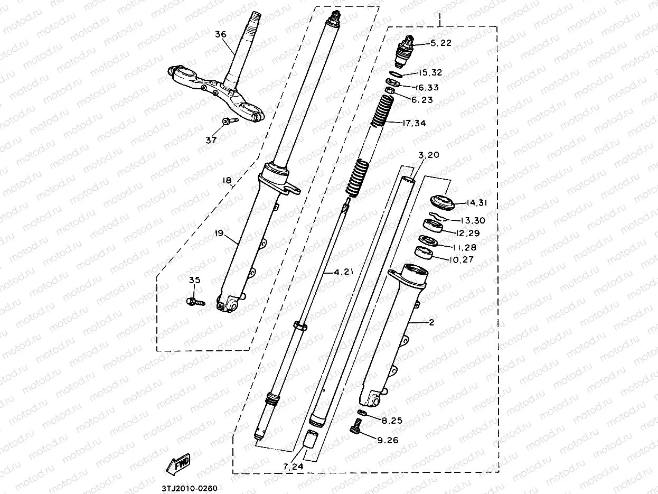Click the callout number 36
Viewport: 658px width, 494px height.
(221, 34)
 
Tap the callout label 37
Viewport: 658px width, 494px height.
(211, 140)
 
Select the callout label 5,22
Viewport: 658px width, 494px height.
(441, 43)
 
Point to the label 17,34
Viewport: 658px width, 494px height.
(413, 123)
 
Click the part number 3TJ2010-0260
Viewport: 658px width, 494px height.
(185, 488)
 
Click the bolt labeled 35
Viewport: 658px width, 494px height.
(195, 302)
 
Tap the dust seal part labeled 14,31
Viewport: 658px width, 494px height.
(441, 201)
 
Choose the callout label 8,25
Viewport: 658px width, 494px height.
(392, 421)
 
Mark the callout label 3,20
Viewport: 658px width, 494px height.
(428, 155)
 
